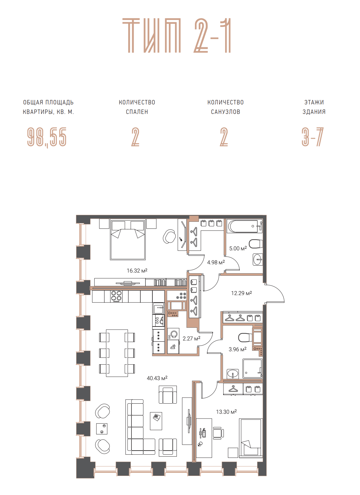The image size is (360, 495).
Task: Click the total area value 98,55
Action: click(x=47, y=137)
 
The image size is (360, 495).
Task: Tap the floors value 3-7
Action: click(x=313, y=137)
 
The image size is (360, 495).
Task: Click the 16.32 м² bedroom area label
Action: click(x=137, y=270)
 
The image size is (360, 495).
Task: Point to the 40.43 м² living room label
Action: click(x=157, y=378)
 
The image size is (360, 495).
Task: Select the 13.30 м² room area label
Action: click(x=226, y=412)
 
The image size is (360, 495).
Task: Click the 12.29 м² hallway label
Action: click(x=242, y=293)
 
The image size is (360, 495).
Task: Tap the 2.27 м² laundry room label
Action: click(x=191, y=338)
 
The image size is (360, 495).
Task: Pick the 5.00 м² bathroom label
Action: click(x=238, y=248)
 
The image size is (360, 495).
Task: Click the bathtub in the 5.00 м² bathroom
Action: click(x=243, y=226)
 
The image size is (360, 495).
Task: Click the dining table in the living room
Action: click(x=117, y=353)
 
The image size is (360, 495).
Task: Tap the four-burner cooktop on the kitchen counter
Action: click(x=116, y=296)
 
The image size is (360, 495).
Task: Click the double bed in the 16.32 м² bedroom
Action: click(x=128, y=239)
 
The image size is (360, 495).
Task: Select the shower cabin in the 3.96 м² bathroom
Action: click(x=252, y=368)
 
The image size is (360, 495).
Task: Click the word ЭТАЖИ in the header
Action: click(x=314, y=102)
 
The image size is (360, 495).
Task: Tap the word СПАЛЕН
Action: click(x=137, y=112)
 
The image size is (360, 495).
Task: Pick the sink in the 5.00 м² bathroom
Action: click(x=257, y=260)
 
